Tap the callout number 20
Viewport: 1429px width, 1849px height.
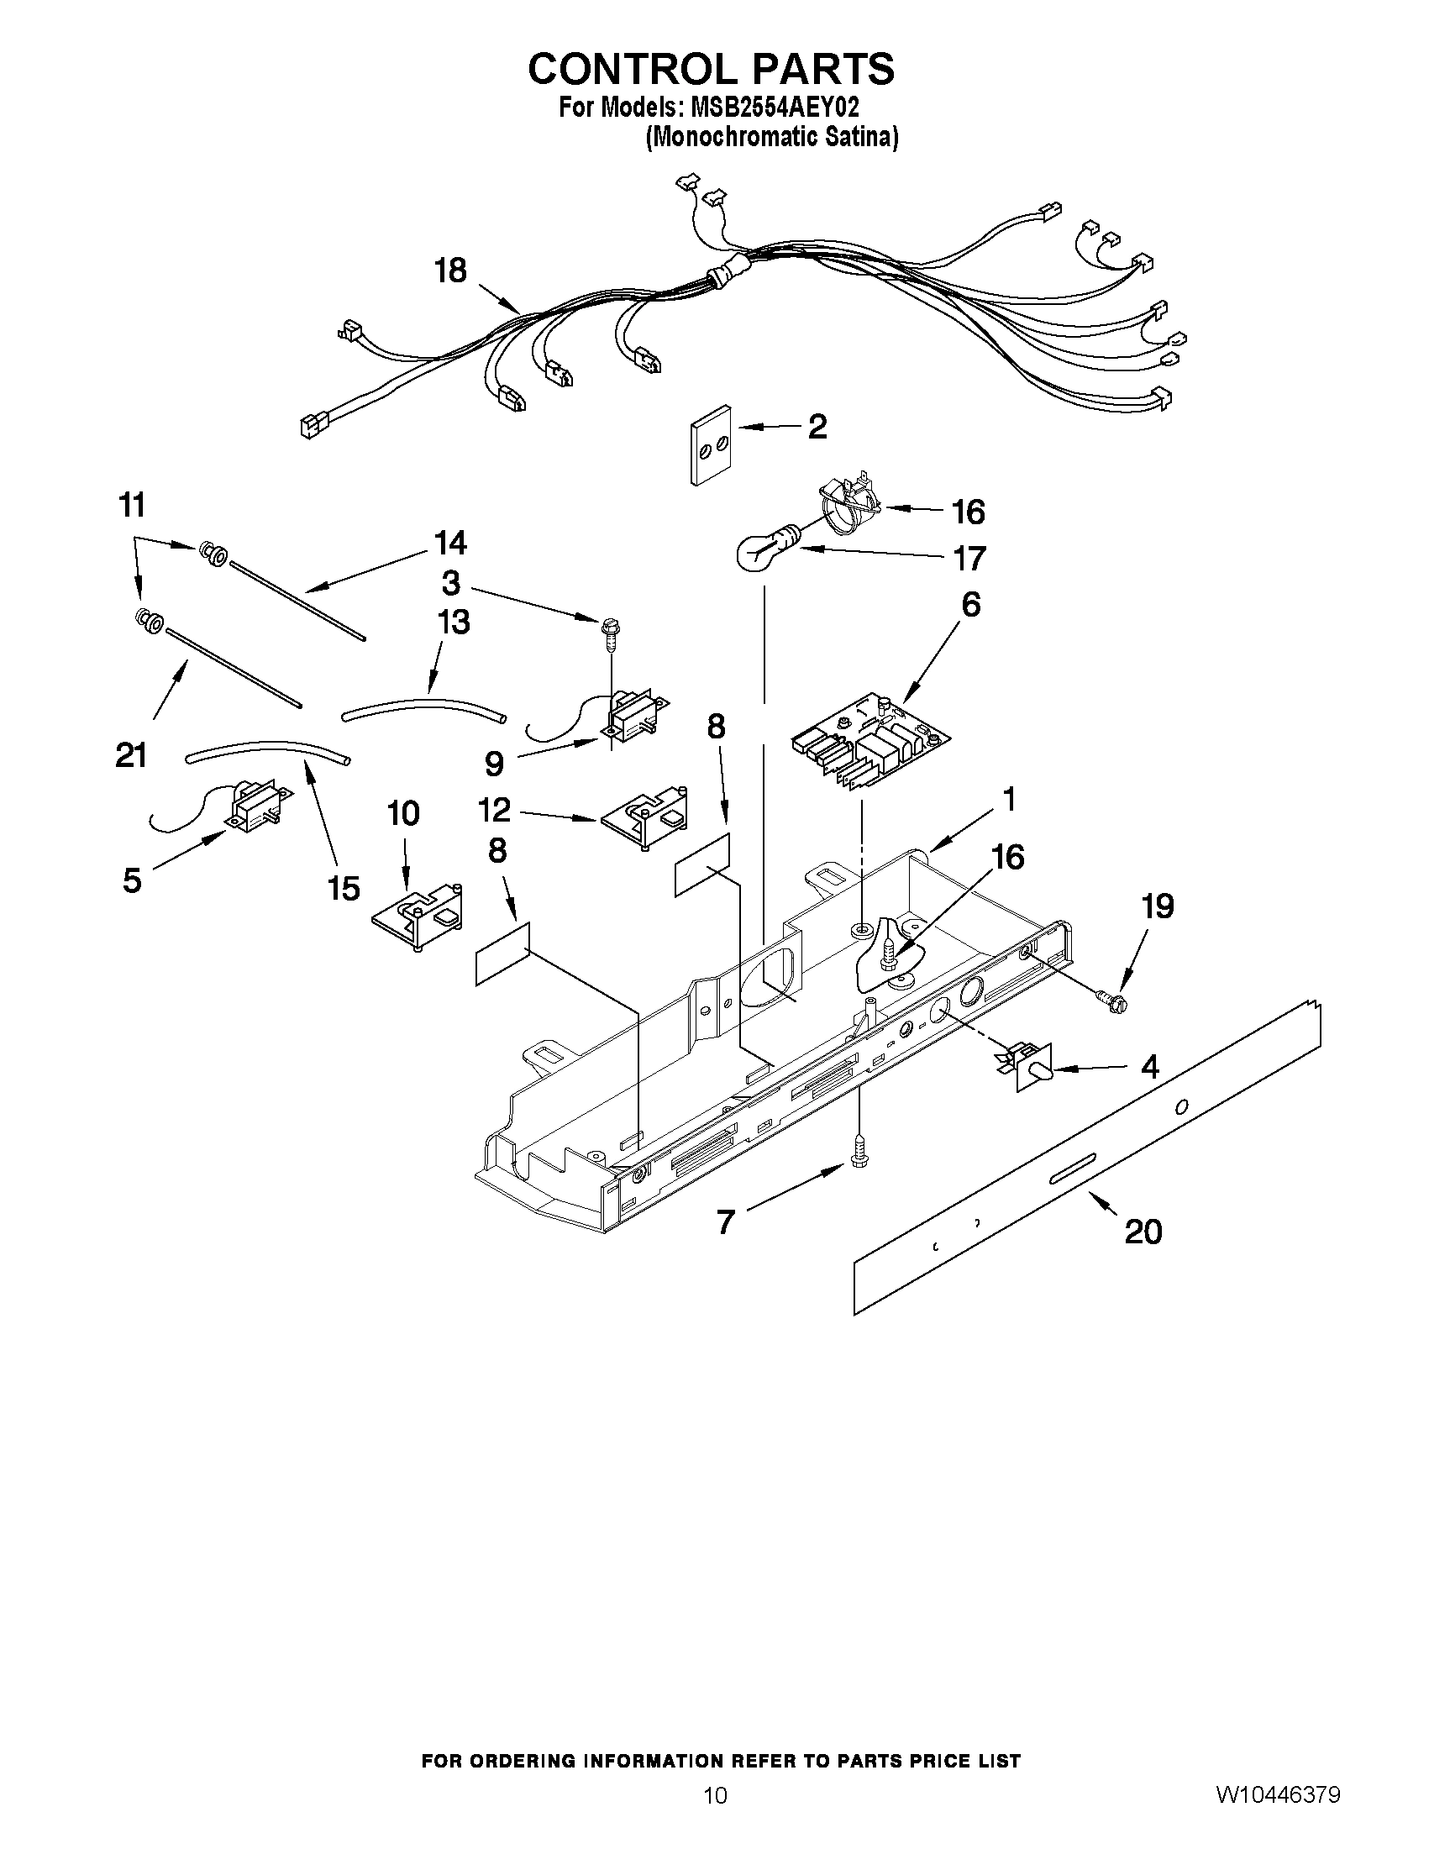(1142, 1231)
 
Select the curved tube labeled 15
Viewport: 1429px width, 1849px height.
(266, 750)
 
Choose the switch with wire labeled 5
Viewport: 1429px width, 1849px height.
(250, 809)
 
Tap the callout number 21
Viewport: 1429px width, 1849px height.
(131, 754)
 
